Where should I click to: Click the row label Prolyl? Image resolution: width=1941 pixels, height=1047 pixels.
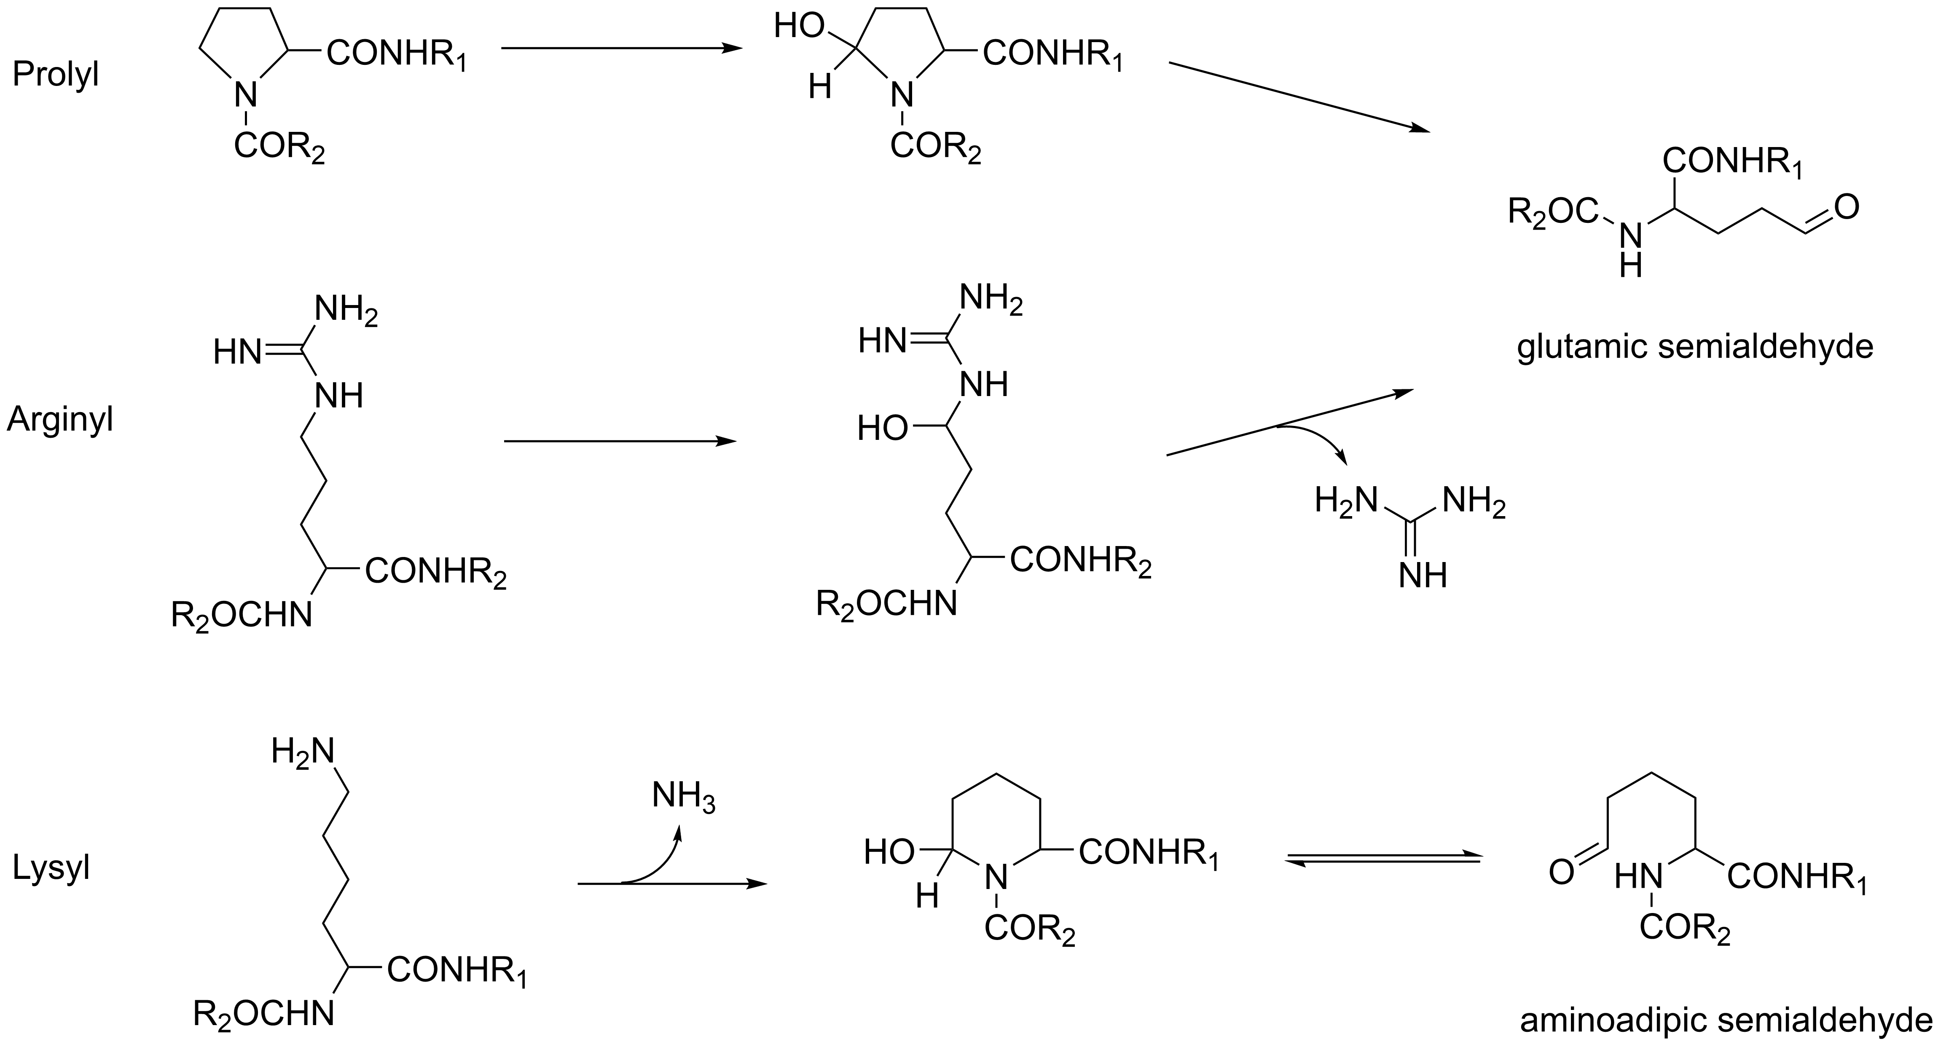(x=56, y=75)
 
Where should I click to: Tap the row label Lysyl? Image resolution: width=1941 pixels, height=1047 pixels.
(x=51, y=868)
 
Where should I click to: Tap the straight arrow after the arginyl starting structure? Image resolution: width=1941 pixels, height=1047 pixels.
(x=619, y=441)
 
